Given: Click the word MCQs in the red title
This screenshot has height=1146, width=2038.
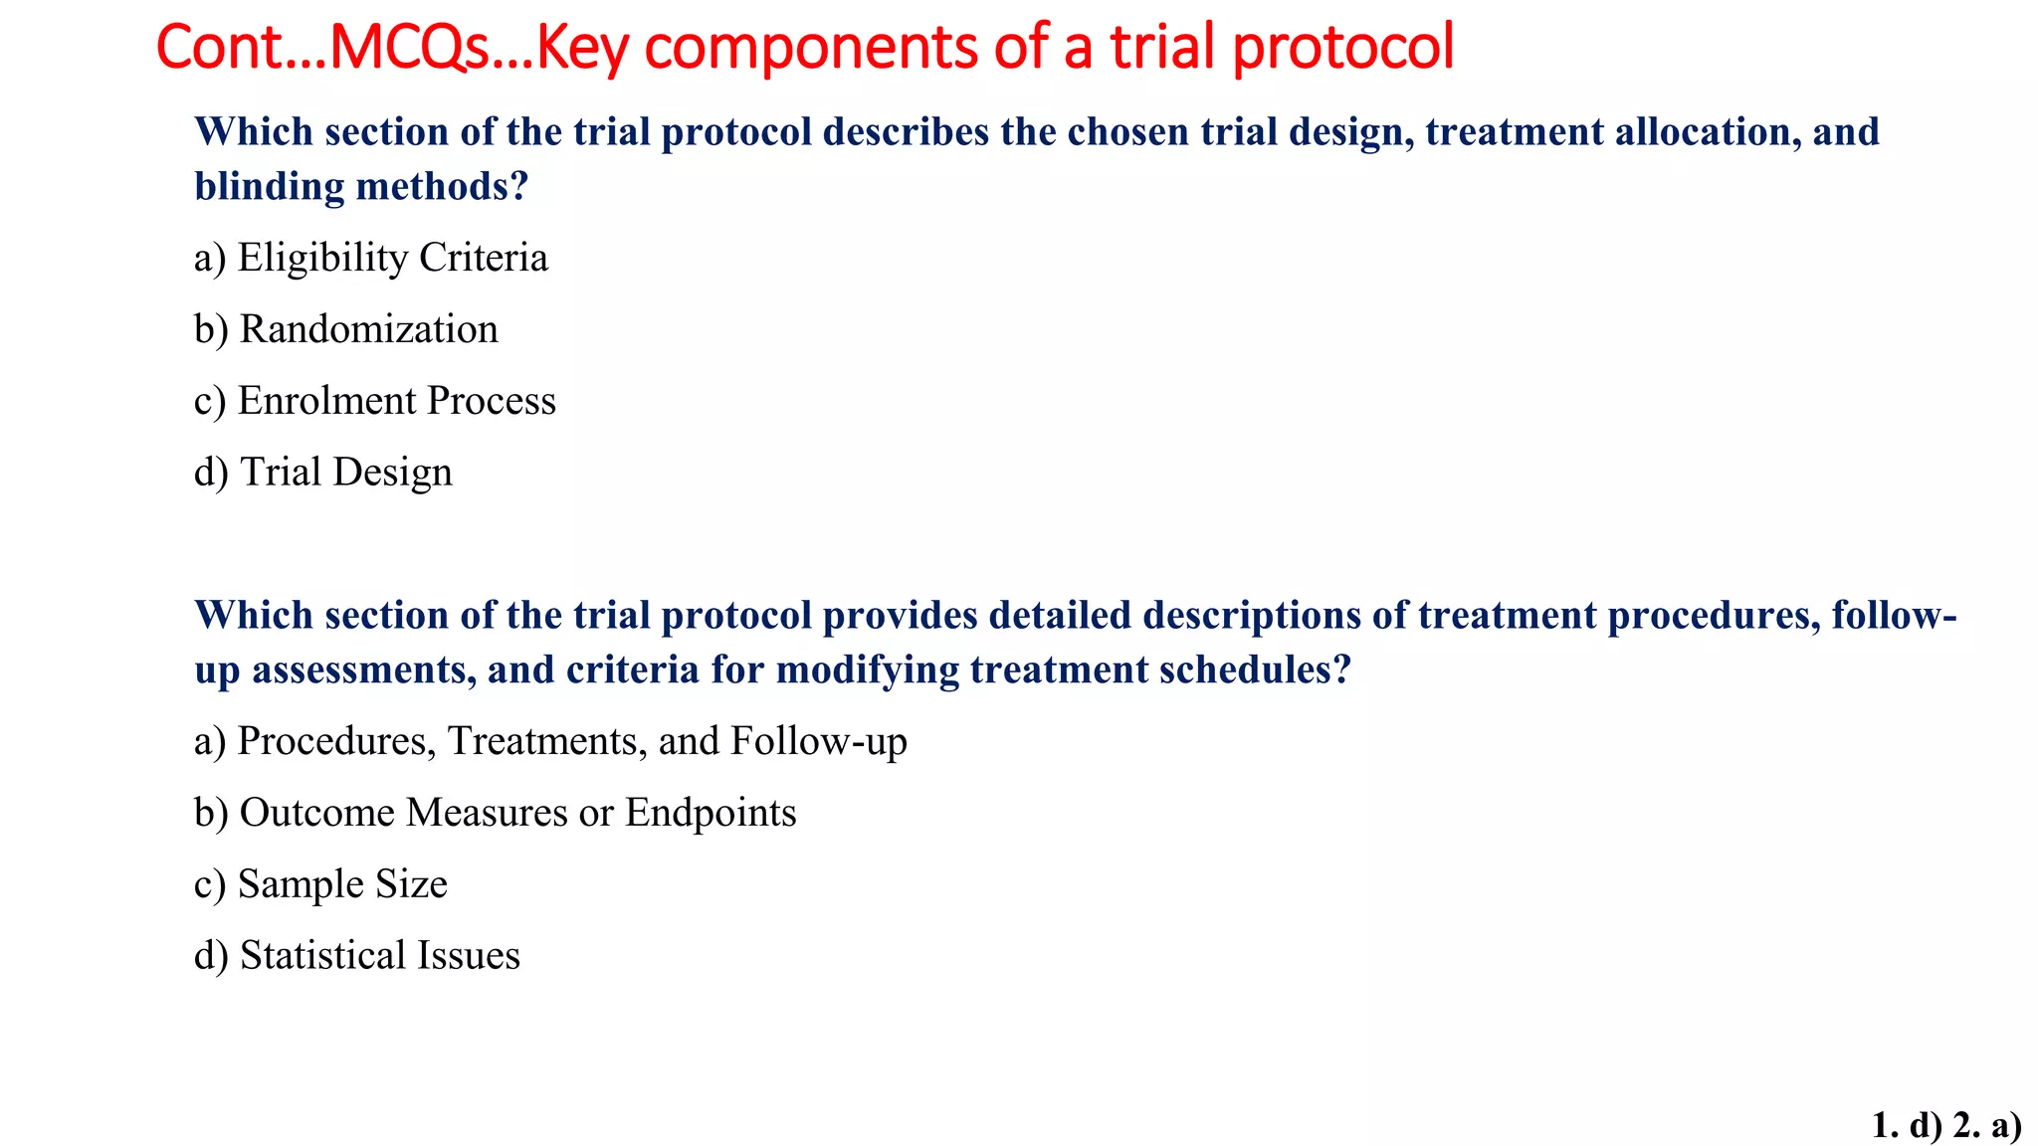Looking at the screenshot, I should click(408, 47).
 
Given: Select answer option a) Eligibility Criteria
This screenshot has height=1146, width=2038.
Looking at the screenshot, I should click(370, 258).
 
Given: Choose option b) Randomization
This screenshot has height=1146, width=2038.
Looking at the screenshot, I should click(345, 329).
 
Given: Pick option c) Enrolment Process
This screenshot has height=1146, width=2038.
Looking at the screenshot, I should click(374, 401).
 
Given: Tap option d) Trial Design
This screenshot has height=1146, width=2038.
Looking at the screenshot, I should click(322, 473).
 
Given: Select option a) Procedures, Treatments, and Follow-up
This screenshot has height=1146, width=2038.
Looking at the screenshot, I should click(549, 741).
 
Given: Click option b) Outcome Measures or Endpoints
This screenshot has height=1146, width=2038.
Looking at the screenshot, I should click(495, 813).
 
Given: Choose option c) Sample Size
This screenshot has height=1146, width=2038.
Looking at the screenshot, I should click(320, 884).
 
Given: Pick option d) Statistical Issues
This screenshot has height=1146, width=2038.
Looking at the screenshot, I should click(356, 956).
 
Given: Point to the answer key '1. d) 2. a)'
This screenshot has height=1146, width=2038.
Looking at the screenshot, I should click(1945, 1125).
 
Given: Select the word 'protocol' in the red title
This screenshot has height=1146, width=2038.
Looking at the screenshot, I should click(1343, 47).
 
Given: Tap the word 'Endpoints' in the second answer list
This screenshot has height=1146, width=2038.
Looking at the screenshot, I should click(711, 813).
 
